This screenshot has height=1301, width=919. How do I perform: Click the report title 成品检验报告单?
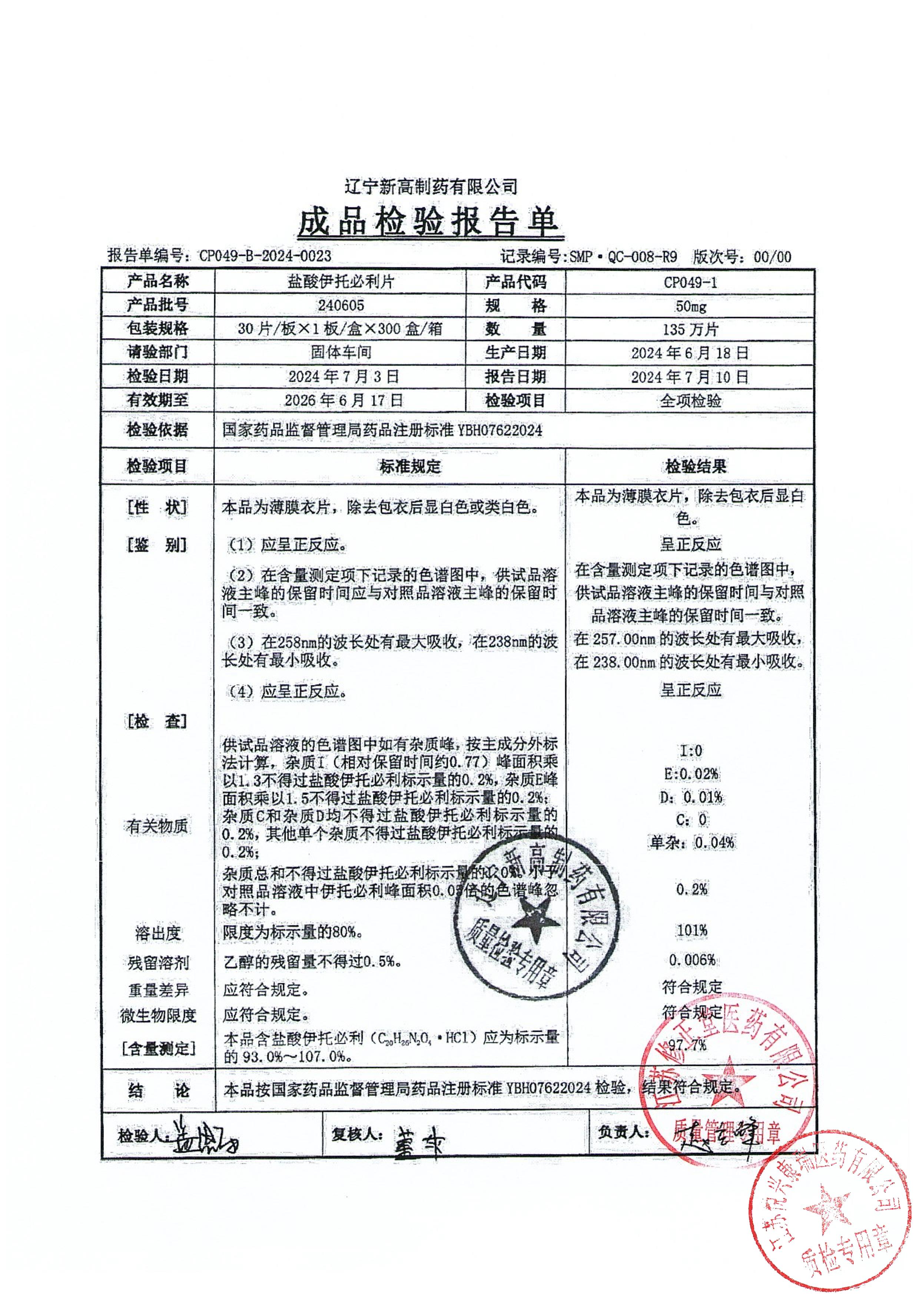(430, 221)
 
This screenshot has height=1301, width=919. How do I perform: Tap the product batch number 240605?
(341, 306)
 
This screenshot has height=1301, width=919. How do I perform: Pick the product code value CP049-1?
(690, 282)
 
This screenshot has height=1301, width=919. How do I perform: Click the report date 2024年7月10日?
(690, 377)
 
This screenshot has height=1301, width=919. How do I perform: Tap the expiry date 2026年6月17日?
(344, 400)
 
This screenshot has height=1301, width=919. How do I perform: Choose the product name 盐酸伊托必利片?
(341, 281)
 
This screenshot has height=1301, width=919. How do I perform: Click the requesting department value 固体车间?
(341, 352)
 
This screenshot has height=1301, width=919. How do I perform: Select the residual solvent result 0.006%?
(691, 959)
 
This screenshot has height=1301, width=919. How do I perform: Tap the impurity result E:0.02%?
(691, 774)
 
